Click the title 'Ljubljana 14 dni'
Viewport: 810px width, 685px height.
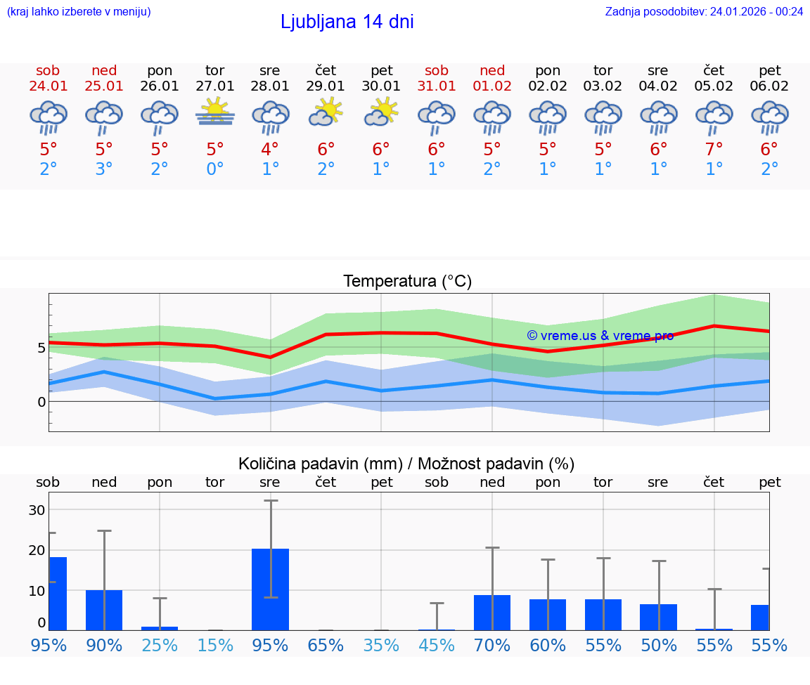coord(347,22)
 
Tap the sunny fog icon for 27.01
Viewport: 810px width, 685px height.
coord(215,112)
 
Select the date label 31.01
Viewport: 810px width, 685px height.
coord(437,86)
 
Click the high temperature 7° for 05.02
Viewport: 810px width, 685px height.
coord(714,150)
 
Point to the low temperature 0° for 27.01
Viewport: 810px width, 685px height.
coord(215,169)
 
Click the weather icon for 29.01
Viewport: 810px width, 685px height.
coord(326,112)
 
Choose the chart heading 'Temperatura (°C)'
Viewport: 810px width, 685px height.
coord(407,282)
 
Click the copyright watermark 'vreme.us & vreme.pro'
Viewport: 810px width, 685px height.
coord(600,336)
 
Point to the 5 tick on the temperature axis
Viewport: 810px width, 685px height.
coord(41,348)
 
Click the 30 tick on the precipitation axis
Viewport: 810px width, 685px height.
coord(37,510)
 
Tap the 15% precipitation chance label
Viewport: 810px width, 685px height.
coord(215,646)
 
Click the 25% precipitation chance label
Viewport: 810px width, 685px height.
coord(160,646)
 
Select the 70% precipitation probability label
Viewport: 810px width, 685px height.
coord(492,646)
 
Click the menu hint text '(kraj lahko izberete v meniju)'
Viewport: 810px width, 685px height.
coord(79,11)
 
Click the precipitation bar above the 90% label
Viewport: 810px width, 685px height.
coord(104,610)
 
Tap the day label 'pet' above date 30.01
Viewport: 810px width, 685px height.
coord(381,71)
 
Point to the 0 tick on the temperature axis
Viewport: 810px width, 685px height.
coord(41,402)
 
